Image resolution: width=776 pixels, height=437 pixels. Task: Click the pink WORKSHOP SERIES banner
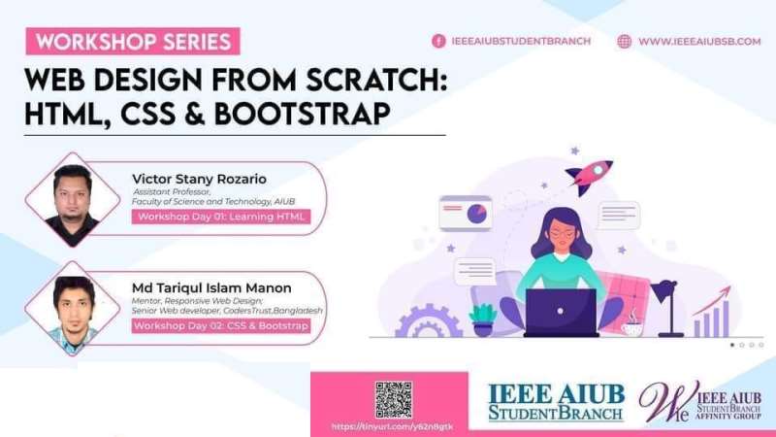(134, 42)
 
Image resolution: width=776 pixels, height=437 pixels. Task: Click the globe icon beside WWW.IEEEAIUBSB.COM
(624, 41)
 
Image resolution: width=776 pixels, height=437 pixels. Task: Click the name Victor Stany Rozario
(199, 179)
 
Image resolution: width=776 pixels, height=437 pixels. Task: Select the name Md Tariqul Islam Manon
(211, 287)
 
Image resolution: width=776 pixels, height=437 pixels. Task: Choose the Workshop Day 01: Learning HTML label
(221, 217)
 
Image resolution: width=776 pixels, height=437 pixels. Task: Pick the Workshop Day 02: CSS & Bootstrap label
(221, 326)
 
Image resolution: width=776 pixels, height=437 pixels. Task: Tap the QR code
(393, 399)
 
